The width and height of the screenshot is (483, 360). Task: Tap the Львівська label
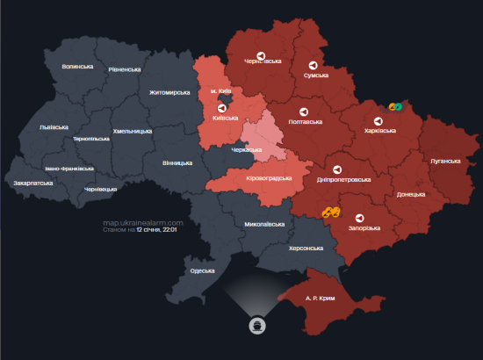tap(54, 126)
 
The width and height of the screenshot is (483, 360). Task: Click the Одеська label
tap(202, 270)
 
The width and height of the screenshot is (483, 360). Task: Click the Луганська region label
tap(445, 162)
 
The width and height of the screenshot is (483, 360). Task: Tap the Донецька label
tap(412, 194)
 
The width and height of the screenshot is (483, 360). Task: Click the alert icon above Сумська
tap(314, 66)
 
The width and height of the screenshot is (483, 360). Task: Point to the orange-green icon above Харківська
tap(395, 107)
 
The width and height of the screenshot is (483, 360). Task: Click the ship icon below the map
tap(256, 323)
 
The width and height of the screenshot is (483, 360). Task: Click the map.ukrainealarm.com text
tap(142, 223)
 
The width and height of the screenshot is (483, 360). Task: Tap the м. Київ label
tap(221, 91)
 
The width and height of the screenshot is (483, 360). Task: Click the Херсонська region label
tap(306, 248)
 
